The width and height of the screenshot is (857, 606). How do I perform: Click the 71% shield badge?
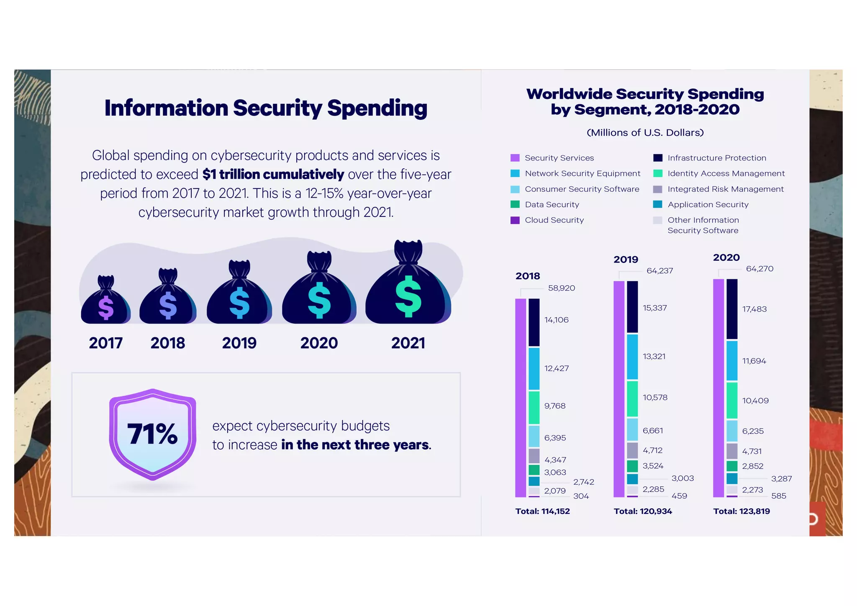[153, 434]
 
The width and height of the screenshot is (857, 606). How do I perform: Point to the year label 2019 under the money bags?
[239, 343]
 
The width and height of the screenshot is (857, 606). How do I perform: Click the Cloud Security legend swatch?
[515, 220]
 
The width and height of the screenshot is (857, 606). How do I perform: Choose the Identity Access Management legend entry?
[726, 173]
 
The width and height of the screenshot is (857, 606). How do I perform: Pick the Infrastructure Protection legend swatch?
[658, 158]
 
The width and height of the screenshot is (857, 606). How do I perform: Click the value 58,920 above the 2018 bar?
[562, 288]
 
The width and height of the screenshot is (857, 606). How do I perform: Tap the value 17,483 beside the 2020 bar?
[754, 309]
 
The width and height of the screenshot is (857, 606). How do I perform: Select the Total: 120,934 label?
[643, 511]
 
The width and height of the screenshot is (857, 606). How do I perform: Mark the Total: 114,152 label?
[542, 511]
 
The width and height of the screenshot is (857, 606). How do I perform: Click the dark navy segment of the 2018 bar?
[534, 322]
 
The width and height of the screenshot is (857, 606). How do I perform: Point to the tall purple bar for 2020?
[718, 387]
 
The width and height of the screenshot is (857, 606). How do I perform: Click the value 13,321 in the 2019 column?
[654, 356]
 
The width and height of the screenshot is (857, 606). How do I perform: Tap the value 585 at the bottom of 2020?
[779, 496]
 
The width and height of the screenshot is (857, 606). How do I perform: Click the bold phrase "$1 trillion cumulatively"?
[273, 174]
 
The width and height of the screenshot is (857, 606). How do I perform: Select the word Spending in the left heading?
[377, 108]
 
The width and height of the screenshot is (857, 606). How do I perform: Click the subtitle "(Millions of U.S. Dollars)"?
[645, 133]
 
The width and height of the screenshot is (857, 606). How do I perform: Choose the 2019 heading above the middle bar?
[626, 260]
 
